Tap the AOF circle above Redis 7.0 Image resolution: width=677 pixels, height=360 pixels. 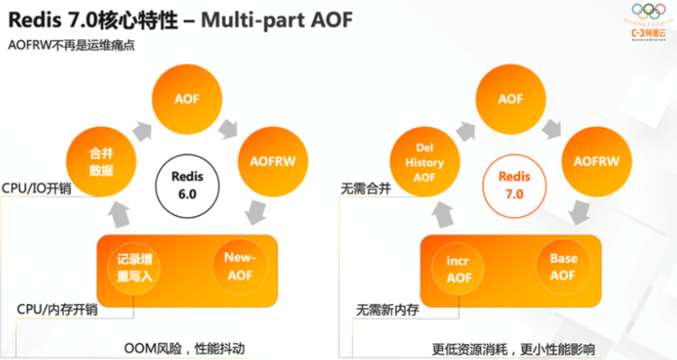coord(510,99)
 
